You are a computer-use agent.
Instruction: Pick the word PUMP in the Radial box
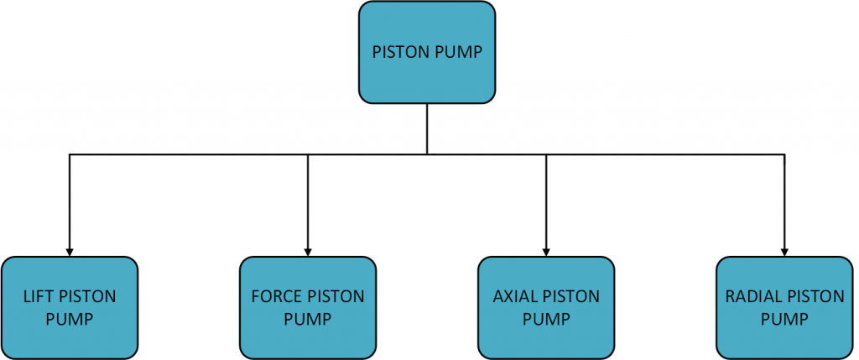(784, 319)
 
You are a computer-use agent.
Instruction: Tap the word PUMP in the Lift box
(70, 319)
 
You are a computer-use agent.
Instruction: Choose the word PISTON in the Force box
(339, 297)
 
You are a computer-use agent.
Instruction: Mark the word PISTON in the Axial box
(575, 297)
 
